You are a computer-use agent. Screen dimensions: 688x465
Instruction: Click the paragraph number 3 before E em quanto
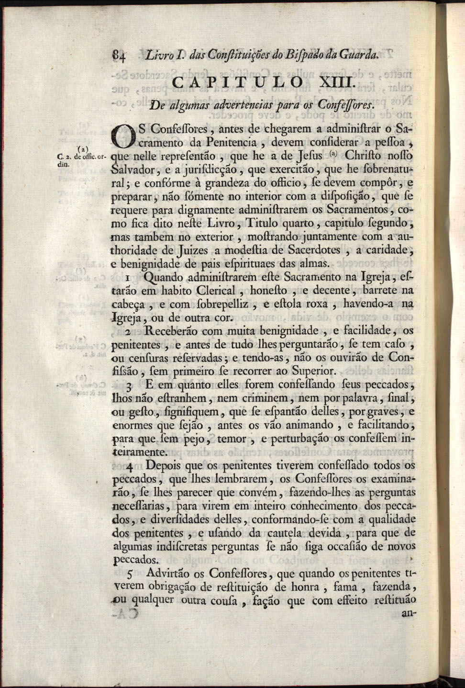(x=130, y=385)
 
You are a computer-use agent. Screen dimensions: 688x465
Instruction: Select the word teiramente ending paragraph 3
(x=139, y=452)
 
